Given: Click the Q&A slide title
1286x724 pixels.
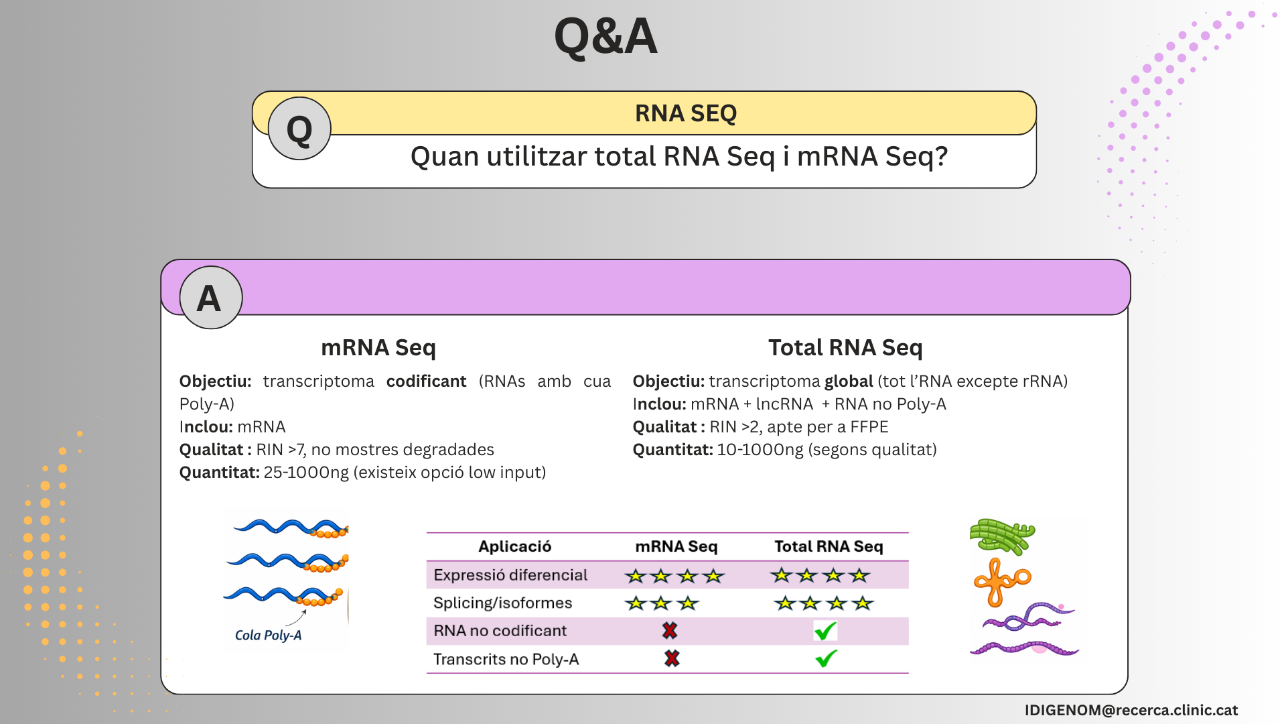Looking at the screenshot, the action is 605,36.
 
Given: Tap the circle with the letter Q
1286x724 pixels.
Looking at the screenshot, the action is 299,129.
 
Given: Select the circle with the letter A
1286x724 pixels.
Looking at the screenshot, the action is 211,298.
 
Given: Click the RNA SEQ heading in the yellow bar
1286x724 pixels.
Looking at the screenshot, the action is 686,113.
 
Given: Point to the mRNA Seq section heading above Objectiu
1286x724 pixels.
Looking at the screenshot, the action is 378,347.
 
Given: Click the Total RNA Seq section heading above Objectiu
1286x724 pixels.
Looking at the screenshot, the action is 845,347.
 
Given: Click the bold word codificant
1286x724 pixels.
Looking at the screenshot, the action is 426,381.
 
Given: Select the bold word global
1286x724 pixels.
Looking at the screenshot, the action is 849,381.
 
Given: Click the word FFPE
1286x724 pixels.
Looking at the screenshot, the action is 869,426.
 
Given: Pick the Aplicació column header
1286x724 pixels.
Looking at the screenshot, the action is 514,546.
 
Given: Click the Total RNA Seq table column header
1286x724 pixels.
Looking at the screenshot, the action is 829,546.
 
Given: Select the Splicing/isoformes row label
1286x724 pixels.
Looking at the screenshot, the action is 502,603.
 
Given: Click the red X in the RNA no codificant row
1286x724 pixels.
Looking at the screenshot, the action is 670,630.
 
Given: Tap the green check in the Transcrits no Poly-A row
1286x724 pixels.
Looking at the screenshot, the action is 826,658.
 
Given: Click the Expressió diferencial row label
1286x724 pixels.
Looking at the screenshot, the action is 510,575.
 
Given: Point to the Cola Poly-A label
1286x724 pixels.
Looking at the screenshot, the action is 268,635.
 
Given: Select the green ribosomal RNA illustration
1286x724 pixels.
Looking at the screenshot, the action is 1002,536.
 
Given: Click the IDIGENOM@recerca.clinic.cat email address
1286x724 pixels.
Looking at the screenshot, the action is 1131,710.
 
